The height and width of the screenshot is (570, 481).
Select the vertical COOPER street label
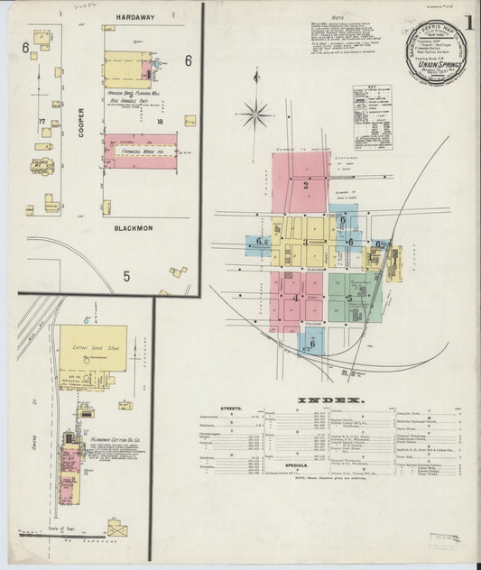pyautogui.click(x=82, y=122)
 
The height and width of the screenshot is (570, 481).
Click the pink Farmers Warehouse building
pyautogui.click(x=140, y=152)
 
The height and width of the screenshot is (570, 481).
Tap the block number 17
pyautogui.click(x=42, y=121)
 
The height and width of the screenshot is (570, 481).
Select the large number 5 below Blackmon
pyautogui.click(x=127, y=277)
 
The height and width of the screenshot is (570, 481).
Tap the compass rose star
pyautogui.click(x=256, y=114)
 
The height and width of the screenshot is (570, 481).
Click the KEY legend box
pyautogui.click(x=372, y=113)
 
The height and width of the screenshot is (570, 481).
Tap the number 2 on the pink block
pyautogui.click(x=306, y=188)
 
